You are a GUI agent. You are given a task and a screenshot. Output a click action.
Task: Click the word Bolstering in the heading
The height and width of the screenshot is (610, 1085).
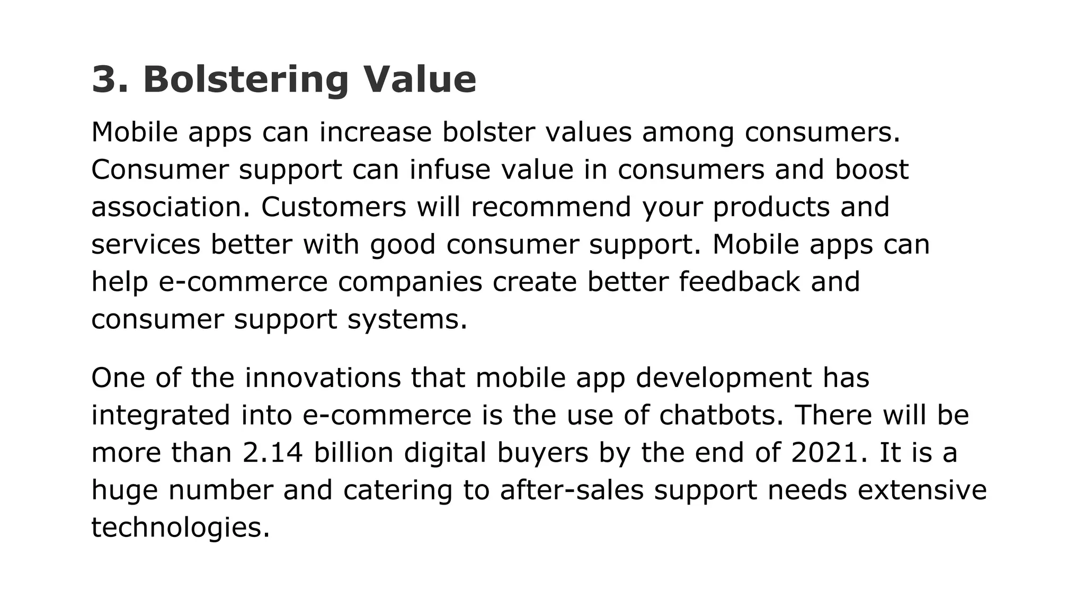tap(245, 79)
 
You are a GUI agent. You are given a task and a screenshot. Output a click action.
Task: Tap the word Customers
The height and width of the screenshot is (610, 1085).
tap(333, 207)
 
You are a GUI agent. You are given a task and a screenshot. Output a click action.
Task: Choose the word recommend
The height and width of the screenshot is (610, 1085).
tap(551, 207)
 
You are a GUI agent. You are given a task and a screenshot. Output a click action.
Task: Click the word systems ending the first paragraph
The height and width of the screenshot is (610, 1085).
tap(407, 320)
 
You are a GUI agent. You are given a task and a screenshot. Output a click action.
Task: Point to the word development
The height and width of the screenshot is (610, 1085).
tap(723, 378)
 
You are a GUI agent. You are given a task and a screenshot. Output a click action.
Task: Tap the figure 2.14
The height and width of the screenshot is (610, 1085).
tap(273, 453)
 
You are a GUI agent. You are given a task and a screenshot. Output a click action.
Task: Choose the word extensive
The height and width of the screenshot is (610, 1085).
tap(922, 490)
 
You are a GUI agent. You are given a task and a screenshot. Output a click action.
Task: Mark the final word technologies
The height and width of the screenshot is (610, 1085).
tap(180, 528)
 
